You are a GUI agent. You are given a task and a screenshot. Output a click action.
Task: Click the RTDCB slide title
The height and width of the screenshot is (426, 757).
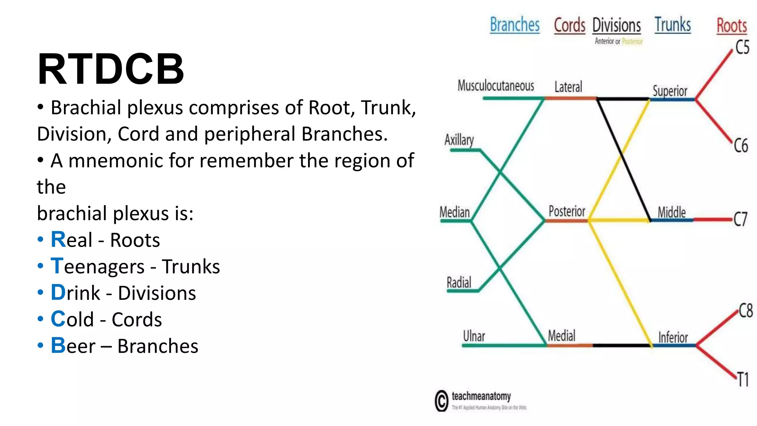[111, 69]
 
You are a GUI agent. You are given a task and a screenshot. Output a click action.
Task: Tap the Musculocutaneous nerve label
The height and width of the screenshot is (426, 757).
[496, 86]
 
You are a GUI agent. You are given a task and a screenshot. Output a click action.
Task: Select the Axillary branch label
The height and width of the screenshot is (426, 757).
[459, 140]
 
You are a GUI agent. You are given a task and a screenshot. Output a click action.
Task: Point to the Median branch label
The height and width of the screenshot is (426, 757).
[455, 212]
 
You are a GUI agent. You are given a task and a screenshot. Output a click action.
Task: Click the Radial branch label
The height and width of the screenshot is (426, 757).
[459, 283]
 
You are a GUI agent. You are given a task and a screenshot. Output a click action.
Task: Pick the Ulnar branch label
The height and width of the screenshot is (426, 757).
[474, 336]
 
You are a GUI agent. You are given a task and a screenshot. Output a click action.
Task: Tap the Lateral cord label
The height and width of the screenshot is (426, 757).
[568, 87]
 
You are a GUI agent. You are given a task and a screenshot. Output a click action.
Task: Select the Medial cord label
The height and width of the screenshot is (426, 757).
[561, 336]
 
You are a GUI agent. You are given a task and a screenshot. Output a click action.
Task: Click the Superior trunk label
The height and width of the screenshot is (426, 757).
[670, 91]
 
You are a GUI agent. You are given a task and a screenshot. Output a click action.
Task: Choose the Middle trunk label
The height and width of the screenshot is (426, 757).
[672, 212]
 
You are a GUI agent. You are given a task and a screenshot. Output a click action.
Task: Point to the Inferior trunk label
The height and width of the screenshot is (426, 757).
[673, 337]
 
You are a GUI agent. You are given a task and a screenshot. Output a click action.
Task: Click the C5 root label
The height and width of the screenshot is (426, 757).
[742, 47]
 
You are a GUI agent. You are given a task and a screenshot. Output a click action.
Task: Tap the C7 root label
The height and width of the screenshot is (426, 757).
[740, 219]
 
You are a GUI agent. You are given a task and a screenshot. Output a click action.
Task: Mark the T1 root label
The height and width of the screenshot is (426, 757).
[743, 380]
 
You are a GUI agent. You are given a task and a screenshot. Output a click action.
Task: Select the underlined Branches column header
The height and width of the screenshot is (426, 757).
[515, 25]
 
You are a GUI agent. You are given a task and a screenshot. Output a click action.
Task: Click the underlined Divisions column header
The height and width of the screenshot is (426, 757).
[617, 26]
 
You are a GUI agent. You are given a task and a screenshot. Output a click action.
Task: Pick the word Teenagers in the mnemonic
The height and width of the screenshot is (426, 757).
[98, 266]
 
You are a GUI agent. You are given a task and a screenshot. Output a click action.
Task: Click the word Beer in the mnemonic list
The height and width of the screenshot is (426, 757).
[73, 346]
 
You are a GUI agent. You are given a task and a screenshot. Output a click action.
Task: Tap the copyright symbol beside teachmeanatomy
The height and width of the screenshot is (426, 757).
[441, 400]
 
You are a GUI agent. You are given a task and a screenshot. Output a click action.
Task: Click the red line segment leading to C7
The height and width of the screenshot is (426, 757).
[713, 220]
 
